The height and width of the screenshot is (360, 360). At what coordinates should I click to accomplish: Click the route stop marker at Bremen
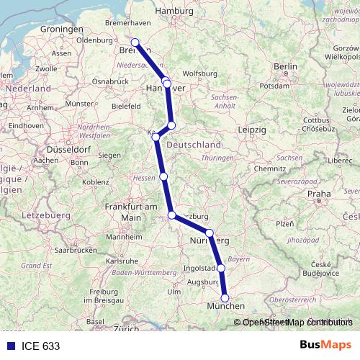[x=135, y=42]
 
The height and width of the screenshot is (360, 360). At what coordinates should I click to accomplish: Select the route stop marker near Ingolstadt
[x=221, y=268]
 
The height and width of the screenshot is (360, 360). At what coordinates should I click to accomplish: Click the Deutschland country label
[x=194, y=145]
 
